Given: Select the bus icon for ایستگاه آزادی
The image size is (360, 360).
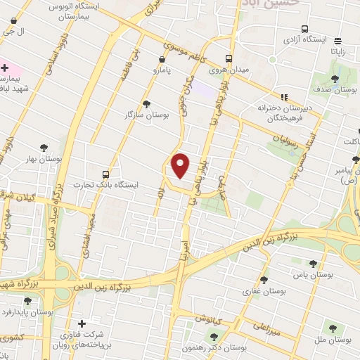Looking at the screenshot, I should point(304,29).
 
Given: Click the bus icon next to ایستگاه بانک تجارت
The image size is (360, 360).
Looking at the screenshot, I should point(105,174).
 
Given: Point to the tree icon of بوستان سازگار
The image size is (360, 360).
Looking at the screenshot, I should point(146,103).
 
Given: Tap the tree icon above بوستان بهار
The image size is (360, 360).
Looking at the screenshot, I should point(44,148).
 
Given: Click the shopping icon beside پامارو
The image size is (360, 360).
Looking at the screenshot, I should point(157,61).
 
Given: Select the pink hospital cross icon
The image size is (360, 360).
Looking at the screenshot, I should point(5,68).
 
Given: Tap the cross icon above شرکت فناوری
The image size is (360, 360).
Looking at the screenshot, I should point(82,323).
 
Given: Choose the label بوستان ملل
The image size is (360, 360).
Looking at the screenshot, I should point(334,340).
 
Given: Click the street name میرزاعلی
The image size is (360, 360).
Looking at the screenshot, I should point(267,327).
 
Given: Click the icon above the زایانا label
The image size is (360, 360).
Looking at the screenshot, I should point(338,41).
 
